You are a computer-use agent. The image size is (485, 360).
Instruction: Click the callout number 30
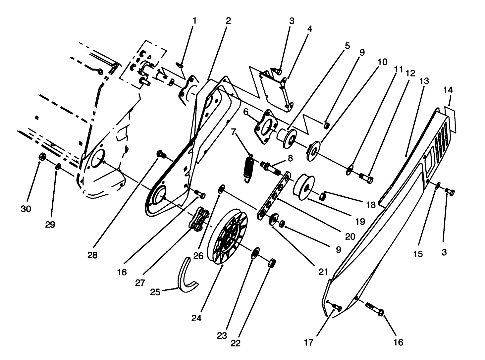pos(26,209)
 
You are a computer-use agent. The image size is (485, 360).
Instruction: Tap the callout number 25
pos(155,292)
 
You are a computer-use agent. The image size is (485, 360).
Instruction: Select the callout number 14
pos(448,90)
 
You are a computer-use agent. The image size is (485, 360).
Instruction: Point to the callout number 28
pos(93,256)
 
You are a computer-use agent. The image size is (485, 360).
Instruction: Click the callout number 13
pos(424,81)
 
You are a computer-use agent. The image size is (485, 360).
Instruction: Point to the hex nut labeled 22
pos(271,264)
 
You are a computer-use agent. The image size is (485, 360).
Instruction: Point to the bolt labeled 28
pos(162,154)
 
